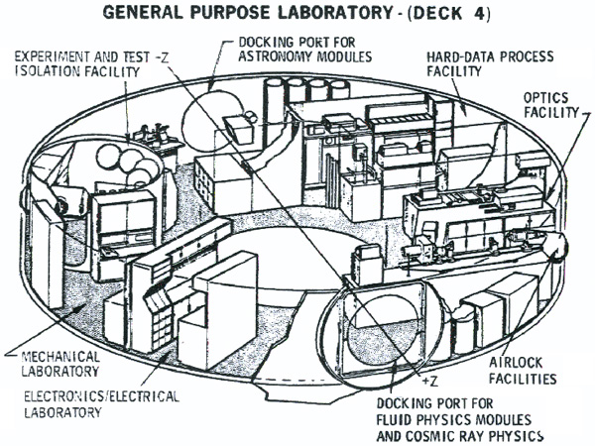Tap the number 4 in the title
[478, 13]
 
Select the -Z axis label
[162, 57]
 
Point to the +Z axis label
[430, 381]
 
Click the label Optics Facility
[551, 105]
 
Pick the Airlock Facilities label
[523, 371]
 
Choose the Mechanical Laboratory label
[60, 364]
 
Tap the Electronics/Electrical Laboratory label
[101, 404]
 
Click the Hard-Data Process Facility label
[490, 63]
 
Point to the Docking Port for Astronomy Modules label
[305, 49]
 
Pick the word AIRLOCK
[516, 363]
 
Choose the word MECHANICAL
[60, 357]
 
